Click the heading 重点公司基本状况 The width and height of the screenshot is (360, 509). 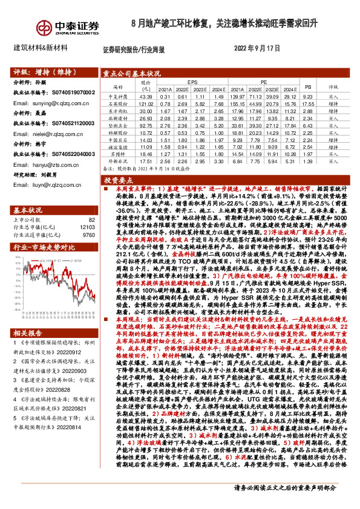coord(131,73)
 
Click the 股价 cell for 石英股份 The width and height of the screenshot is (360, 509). coord(145,103)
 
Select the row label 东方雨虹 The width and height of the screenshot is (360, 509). coord(116,111)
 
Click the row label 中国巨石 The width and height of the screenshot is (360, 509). coord(116,140)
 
